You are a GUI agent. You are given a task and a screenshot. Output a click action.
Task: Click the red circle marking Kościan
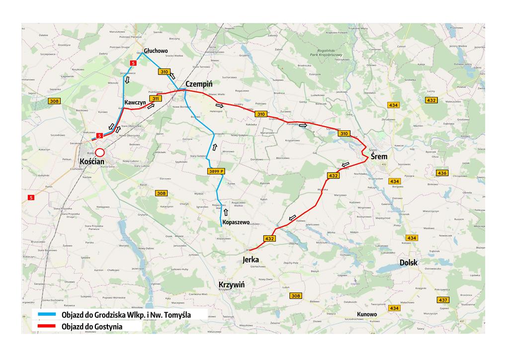coord(100,153)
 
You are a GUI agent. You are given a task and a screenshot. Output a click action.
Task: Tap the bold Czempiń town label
coord(199,85)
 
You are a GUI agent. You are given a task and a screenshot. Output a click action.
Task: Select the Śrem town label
coord(379,157)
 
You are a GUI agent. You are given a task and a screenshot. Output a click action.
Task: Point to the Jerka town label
coord(252,260)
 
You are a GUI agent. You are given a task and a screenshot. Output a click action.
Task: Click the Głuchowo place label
coord(156,51)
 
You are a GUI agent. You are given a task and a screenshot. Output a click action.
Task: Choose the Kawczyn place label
coord(135,102)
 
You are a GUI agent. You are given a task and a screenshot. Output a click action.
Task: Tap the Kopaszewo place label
coord(236,222)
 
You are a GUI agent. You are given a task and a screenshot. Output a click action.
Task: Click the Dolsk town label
coord(409,263)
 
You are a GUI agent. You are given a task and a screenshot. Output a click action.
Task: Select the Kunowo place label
coord(366,314)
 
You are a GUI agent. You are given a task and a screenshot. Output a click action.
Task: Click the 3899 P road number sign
coord(216,171)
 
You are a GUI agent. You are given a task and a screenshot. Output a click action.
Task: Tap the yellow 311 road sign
coord(155,99)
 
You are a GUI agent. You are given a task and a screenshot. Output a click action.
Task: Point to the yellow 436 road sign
coord(442,173)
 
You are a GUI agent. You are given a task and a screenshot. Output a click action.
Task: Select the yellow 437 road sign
coord(443,300)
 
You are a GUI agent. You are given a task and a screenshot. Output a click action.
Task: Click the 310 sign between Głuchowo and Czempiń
coord(165,72)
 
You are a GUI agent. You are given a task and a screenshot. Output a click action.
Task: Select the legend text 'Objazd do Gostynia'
coord(92,327)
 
